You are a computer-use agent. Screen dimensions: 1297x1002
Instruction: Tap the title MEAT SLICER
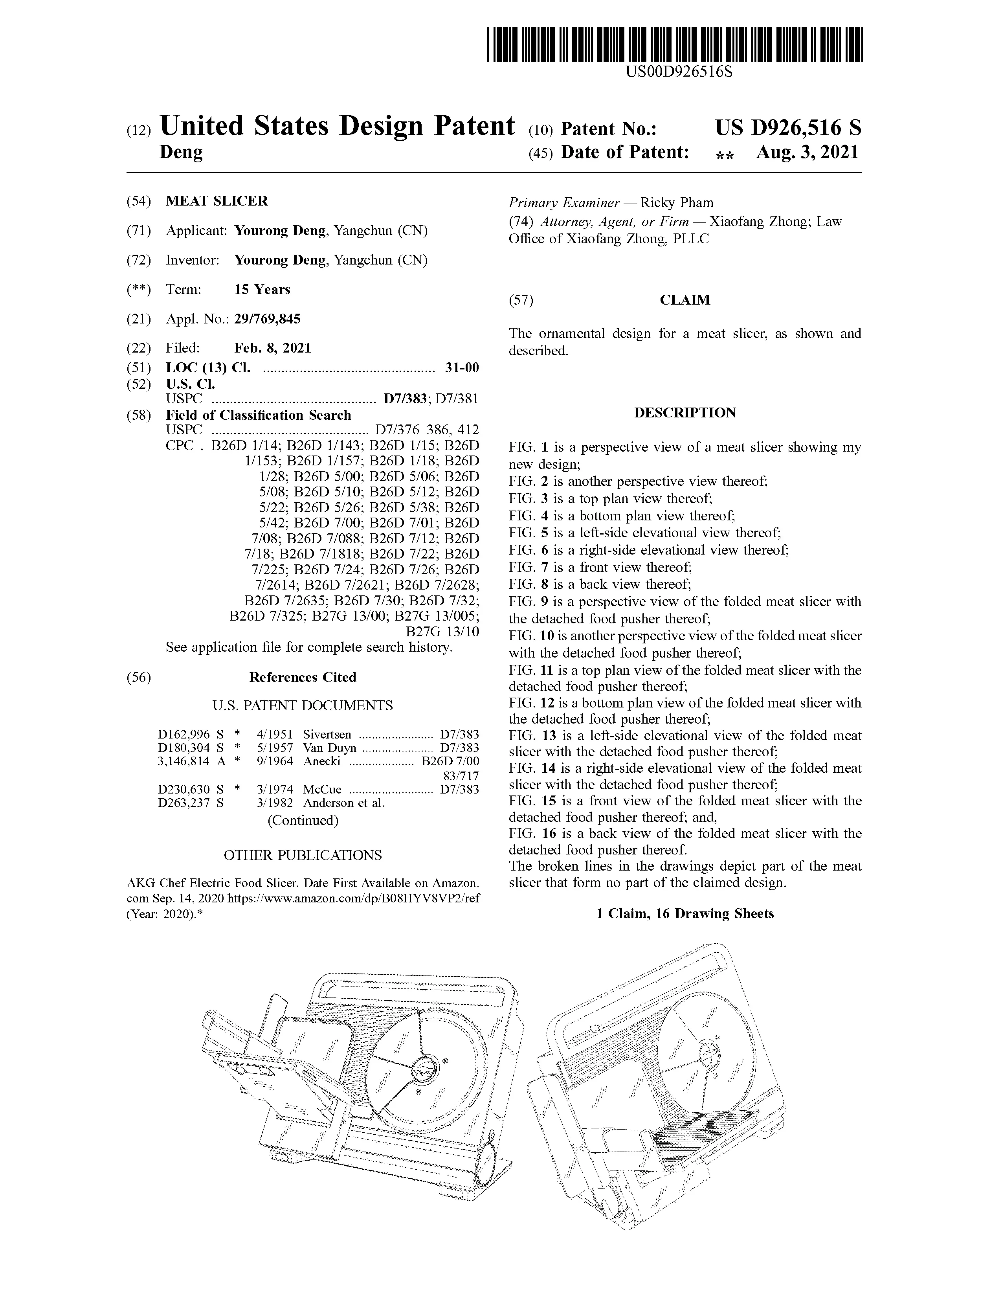click(217, 201)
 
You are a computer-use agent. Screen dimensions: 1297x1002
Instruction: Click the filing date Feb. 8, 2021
click(272, 348)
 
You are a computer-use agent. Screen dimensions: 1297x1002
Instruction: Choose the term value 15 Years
click(262, 290)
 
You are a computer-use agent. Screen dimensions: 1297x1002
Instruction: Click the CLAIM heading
click(685, 300)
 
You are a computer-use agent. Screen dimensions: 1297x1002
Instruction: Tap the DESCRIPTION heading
click(685, 413)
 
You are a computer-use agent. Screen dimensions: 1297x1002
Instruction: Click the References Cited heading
click(302, 678)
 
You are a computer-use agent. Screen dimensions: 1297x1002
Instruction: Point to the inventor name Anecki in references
click(321, 761)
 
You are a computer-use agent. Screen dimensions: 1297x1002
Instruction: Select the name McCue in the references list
click(322, 789)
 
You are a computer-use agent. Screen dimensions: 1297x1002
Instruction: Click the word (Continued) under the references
click(303, 820)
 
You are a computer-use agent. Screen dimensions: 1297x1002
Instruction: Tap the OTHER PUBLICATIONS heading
click(302, 855)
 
